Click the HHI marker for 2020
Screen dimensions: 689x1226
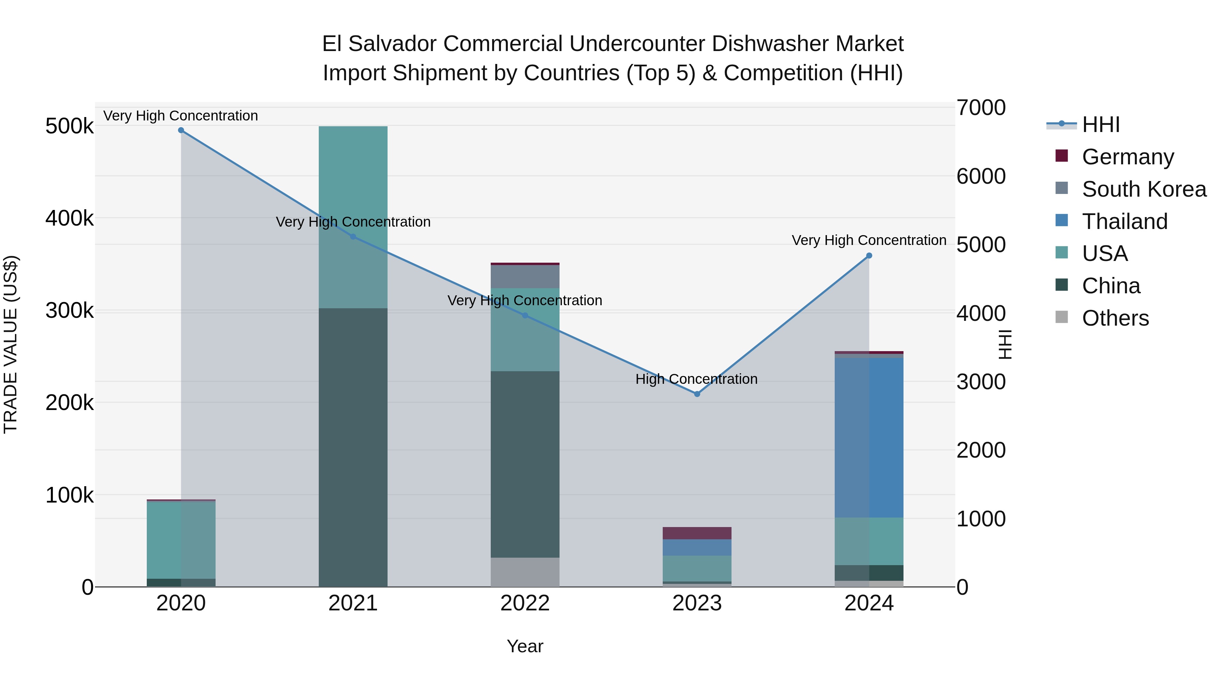[181, 130]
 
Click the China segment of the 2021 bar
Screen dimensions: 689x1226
[353, 447]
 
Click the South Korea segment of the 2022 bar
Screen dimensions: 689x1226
[525, 277]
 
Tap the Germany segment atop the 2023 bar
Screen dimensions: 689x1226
[697, 533]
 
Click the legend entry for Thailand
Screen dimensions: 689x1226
[1124, 222]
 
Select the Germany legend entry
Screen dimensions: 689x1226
[1128, 157]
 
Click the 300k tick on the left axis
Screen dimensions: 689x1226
[69, 311]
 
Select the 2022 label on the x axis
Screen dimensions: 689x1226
[525, 603]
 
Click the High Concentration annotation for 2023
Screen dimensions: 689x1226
[696, 379]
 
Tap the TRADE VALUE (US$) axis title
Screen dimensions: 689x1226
[11, 344]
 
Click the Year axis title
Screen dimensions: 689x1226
[525, 646]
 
